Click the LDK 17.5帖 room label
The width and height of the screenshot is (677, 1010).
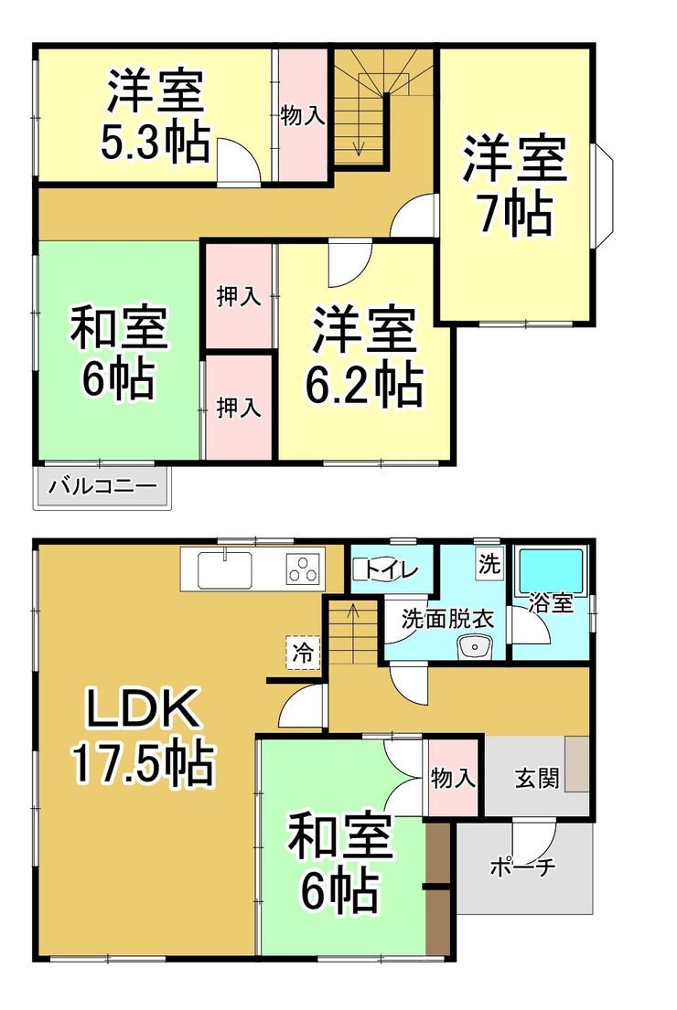click(x=143, y=736)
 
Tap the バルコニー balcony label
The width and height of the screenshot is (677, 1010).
click(x=103, y=485)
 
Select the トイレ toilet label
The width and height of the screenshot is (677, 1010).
click(x=392, y=569)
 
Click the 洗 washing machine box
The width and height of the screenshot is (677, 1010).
click(x=489, y=565)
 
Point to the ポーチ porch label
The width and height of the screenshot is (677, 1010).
click(x=522, y=867)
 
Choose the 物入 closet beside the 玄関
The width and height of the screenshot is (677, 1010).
click(x=453, y=779)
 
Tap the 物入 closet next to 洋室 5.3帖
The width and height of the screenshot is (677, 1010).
click(x=302, y=115)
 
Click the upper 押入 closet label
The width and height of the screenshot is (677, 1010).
click(x=239, y=296)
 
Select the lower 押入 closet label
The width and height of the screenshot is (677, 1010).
click(x=239, y=407)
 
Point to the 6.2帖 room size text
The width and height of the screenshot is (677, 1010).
click(x=363, y=385)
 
